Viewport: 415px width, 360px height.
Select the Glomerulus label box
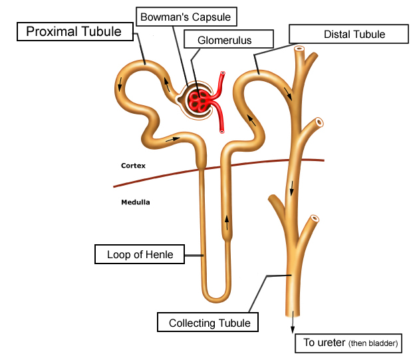coord(225,41)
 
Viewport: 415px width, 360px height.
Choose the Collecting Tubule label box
coord(209,323)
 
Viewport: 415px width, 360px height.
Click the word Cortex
coord(133,165)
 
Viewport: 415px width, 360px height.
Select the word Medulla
coord(135,202)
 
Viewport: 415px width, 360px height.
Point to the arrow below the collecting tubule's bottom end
coord(293,322)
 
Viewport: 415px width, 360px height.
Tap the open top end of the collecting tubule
coord(300,49)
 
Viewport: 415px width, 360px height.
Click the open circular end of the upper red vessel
coord(223,74)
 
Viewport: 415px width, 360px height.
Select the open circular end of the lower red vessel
coord(221,131)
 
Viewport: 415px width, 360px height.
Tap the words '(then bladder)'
coord(375,343)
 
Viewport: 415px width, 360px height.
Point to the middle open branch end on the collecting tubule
coord(319,122)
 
